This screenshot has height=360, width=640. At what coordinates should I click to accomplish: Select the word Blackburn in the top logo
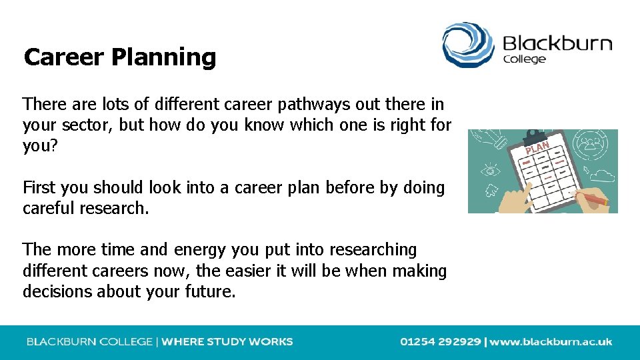[x=557, y=44]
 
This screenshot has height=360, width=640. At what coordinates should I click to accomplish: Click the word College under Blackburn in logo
[x=524, y=59]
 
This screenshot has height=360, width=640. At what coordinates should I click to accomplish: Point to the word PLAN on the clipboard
[x=537, y=147]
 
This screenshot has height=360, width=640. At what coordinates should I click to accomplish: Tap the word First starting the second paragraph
[x=39, y=188]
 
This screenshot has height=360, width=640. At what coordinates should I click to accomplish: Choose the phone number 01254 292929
[x=440, y=342]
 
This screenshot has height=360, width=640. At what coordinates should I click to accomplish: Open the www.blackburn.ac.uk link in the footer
[x=551, y=342]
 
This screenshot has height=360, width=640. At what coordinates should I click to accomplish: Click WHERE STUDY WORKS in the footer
[x=227, y=342]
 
